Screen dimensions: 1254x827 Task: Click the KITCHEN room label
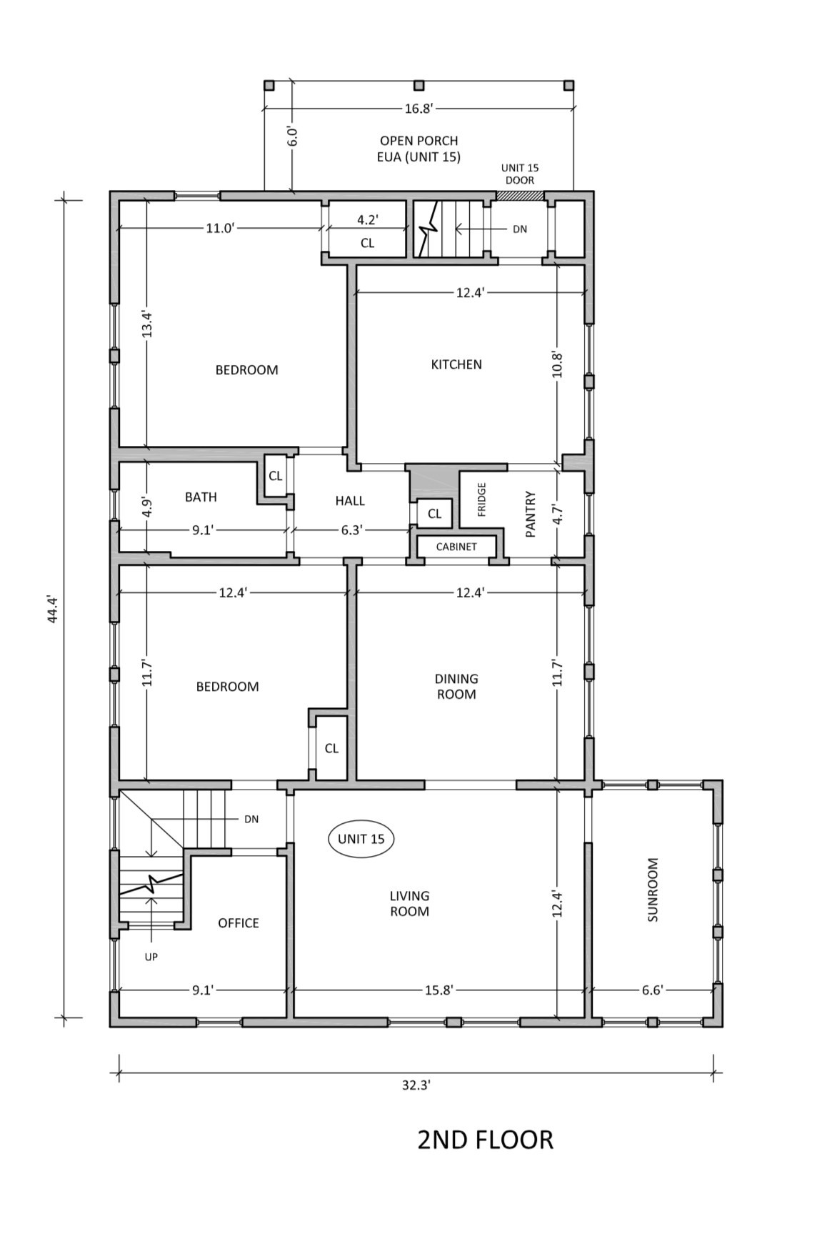[456, 364]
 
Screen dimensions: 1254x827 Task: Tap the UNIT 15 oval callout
[361, 839]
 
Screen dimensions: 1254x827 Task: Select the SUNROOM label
[652, 890]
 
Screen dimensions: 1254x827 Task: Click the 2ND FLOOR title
[485, 1140]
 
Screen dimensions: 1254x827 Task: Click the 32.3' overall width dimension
[416, 1085]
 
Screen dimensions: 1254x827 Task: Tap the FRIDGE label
[481, 499]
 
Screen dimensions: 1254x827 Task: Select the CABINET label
[456, 547]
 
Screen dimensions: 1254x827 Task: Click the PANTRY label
[530, 513]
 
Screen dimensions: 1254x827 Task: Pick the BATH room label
[201, 497]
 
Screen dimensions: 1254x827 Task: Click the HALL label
[350, 501]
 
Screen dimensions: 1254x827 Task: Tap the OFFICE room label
[239, 923]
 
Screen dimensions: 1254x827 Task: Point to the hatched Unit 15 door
[520, 195]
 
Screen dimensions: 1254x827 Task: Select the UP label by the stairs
[151, 956]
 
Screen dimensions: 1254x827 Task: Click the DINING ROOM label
[456, 686]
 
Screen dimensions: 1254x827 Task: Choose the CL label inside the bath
[276, 477]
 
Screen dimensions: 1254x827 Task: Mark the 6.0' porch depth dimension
[292, 136]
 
